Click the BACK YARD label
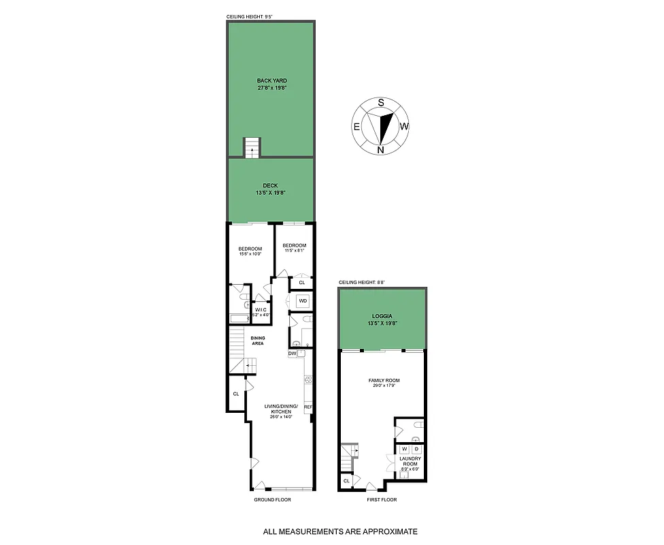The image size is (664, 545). (x=271, y=80)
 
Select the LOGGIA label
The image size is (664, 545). (x=382, y=317)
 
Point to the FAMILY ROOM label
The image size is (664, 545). (x=384, y=380)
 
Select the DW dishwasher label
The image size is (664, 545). (x=292, y=354)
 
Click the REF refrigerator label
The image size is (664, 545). (x=308, y=407)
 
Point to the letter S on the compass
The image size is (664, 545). (x=381, y=103)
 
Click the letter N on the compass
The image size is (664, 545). (x=381, y=149)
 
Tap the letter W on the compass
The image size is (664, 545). (x=404, y=126)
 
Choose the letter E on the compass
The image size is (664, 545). (x=356, y=126)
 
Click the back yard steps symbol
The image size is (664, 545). (x=252, y=147)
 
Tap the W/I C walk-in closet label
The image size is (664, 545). (x=261, y=311)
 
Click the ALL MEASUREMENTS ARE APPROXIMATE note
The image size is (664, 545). (x=340, y=531)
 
